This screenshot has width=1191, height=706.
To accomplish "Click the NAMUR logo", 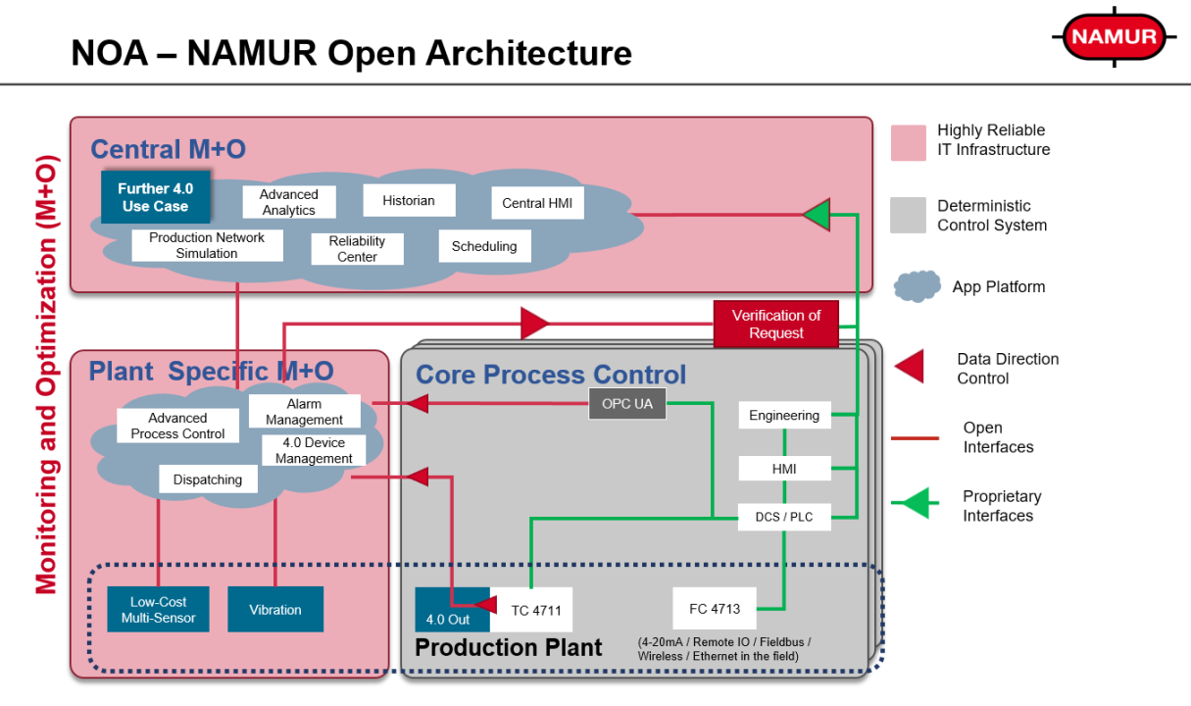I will click(x=1115, y=38).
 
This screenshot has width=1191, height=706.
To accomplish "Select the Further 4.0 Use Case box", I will click(x=156, y=197).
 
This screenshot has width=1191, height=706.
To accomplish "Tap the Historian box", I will click(x=409, y=200).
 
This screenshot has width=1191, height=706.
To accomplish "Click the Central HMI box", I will click(x=537, y=203).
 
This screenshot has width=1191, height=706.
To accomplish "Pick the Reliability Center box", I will click(x=358, y=249).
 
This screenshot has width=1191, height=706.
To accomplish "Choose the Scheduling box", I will click(x=484, y=246).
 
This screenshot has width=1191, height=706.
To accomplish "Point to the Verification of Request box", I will click(x=776, y=325).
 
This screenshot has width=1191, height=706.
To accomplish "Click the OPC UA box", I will click(x=627, y=404).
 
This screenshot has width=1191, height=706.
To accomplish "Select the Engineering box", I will click(x=784, y=415).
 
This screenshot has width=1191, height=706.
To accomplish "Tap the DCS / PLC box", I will click(x=784, y=517).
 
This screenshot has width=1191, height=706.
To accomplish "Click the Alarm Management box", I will click(x=304, y=412).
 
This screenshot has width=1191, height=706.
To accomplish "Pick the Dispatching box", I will click(x=208, y=479).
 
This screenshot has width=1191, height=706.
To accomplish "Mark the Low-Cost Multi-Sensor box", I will click(x=158, y=610).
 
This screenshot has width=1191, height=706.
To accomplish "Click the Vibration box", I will click(x=275, y=610).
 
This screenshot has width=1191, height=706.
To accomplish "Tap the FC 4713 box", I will click(x=715, y=609).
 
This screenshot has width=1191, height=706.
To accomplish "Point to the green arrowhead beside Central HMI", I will click(x=817, y=214).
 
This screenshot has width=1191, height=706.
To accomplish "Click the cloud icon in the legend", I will click(x=918, y=286).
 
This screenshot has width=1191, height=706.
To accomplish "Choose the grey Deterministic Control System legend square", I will click(x=908, y=216).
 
